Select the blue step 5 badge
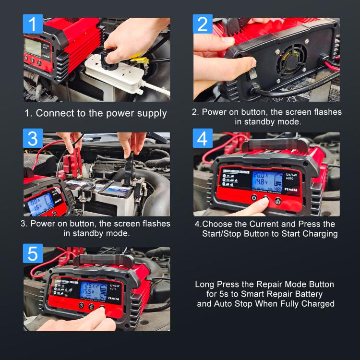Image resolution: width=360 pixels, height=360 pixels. [x=33, y=253]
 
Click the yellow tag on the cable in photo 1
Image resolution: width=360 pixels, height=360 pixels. [x=140, y=60]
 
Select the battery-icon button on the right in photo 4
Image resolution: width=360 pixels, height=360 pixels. [x=277, y=201]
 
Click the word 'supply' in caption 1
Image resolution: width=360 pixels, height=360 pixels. [x=149, y=114]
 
